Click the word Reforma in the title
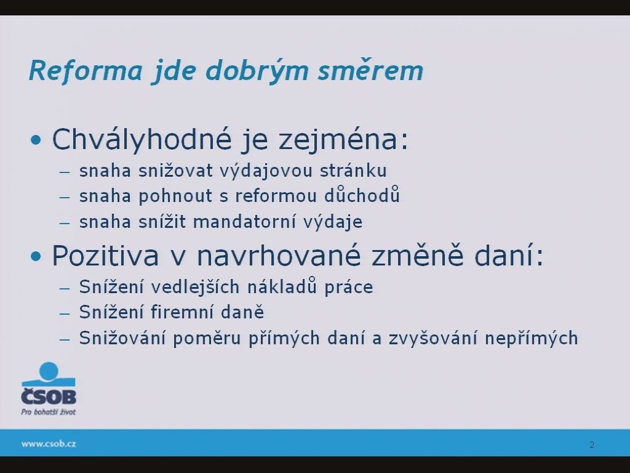pos(86,70)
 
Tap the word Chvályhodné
pos(142,140)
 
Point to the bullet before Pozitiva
pos(36,256)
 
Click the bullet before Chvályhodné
pos(36,140)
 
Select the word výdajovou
pos(266,171)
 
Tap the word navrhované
pos(279,256)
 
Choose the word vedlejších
pos(195,287)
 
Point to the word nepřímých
pos(531,338)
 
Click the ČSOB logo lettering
pos(49,396)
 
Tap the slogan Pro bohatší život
pos(48,412)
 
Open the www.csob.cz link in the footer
pos(49,443)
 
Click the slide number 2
pos(592,445)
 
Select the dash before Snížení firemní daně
pos(64,313)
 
